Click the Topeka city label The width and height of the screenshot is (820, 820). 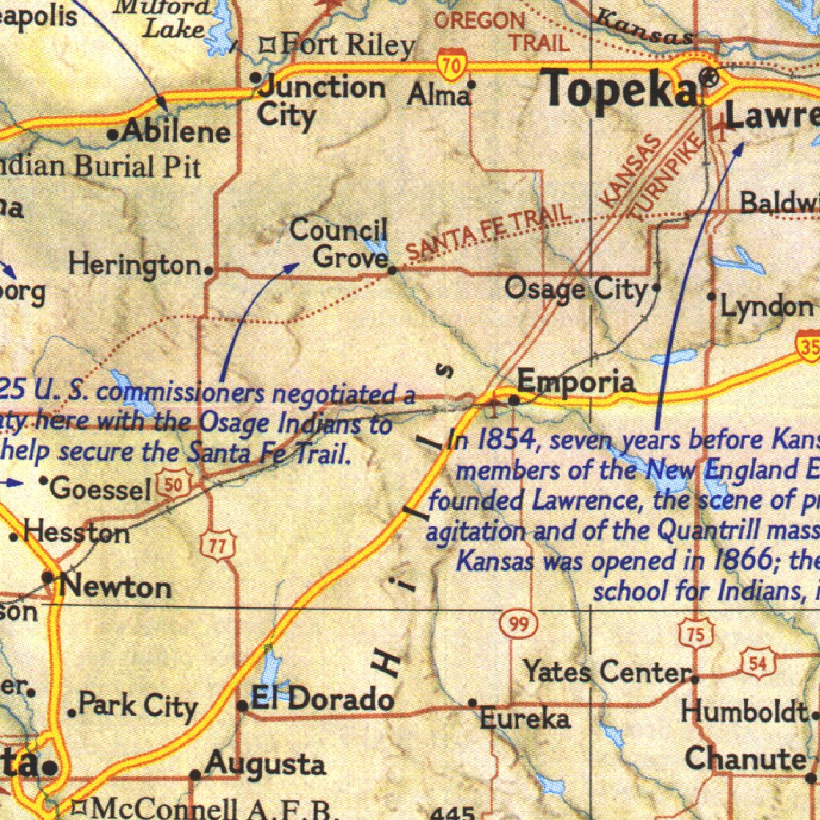[621, 90]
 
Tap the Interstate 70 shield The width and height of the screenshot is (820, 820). [452, 66]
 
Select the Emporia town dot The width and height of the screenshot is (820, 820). [513, 396]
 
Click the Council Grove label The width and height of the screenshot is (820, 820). [340, 243]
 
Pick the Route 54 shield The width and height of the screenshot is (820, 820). [758, 661]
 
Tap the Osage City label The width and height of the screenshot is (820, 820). [575, 288]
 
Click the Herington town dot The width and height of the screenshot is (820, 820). [209, 270]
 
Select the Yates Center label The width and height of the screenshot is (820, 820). [607, 671]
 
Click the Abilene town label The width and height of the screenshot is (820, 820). [175, 131]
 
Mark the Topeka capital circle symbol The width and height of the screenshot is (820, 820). [708, 78]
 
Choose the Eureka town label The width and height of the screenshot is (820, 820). [525, 719]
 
